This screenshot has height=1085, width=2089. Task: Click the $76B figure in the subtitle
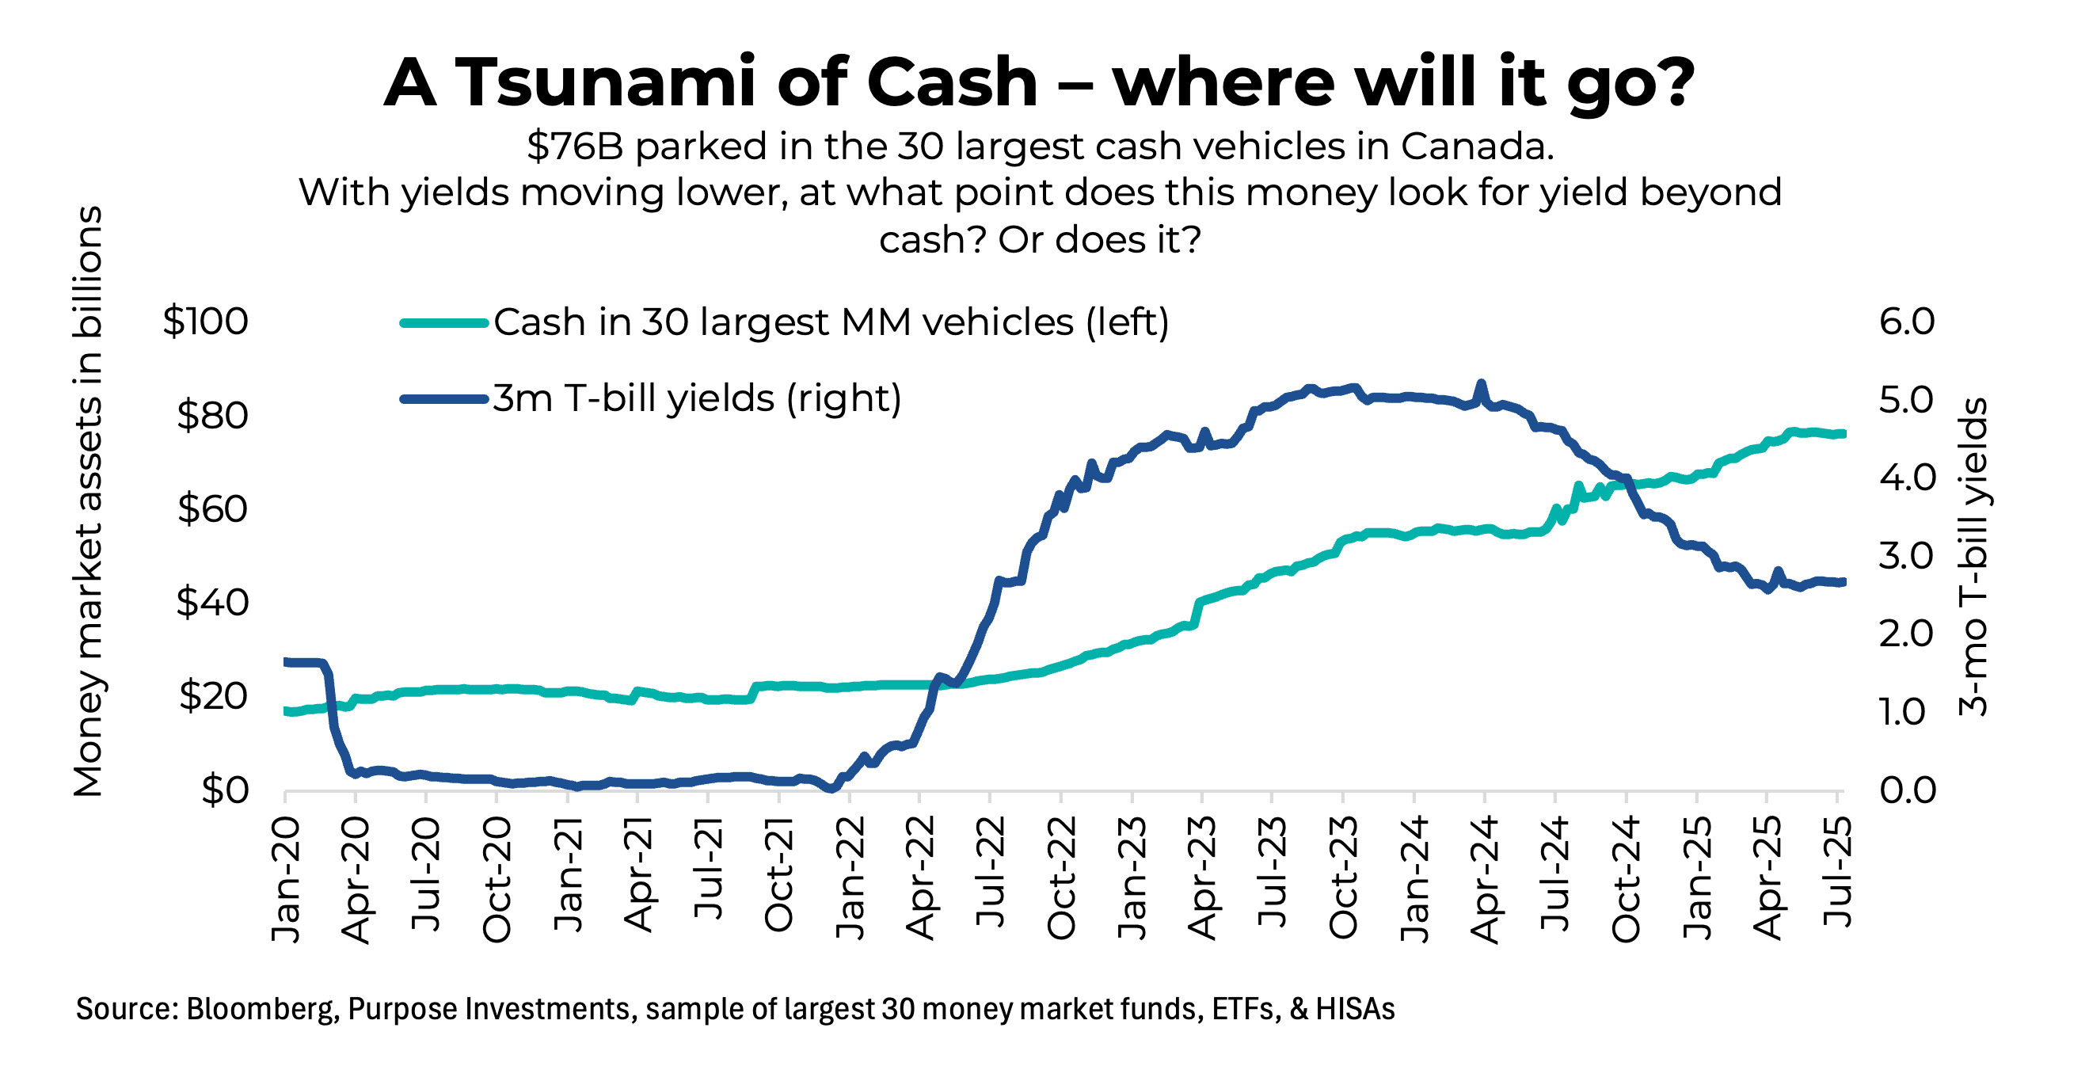[x=574, y=147]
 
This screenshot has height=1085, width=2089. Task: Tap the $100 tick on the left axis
[x=205, y=321]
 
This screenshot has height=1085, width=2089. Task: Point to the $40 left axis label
[x=211, y=603]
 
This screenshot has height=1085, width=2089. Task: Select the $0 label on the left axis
[x=225, y=790]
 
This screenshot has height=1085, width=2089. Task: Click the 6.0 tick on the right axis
[x=1907, y=322]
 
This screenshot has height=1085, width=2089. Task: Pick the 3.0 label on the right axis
[x=1907, y=556]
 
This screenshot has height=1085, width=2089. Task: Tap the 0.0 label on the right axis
[x=1907, y=790]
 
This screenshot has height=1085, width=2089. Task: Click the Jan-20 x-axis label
[x=285, y=880]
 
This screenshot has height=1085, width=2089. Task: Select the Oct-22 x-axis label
[x=1062, y=880]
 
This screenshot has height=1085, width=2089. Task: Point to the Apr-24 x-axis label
[x=1485, y=880]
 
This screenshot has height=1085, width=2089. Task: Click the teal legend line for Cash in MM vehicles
[x=443, y=323]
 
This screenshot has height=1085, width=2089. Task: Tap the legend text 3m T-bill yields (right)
[x=697, y=398]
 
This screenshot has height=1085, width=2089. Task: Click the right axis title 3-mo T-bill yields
[x=1973, y=556]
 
